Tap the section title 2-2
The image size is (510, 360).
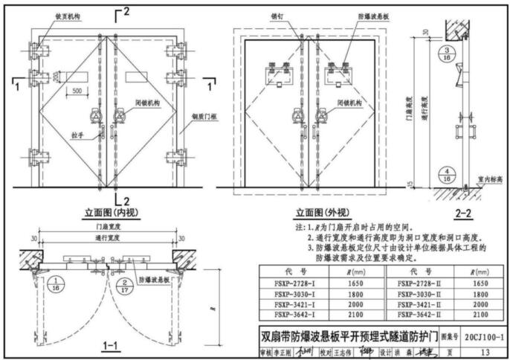[x=464, y=213]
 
